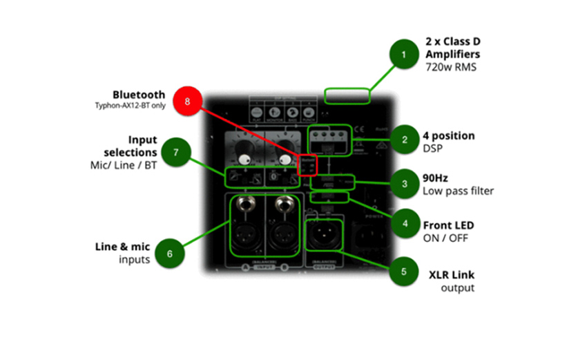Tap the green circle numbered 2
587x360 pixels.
point(403,140)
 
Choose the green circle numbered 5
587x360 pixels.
point(403,272)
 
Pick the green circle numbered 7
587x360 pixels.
point(177,151)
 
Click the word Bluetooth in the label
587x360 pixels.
point(139,95)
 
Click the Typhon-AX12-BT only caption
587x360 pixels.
point(130,106)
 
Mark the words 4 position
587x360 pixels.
point(448,135)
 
